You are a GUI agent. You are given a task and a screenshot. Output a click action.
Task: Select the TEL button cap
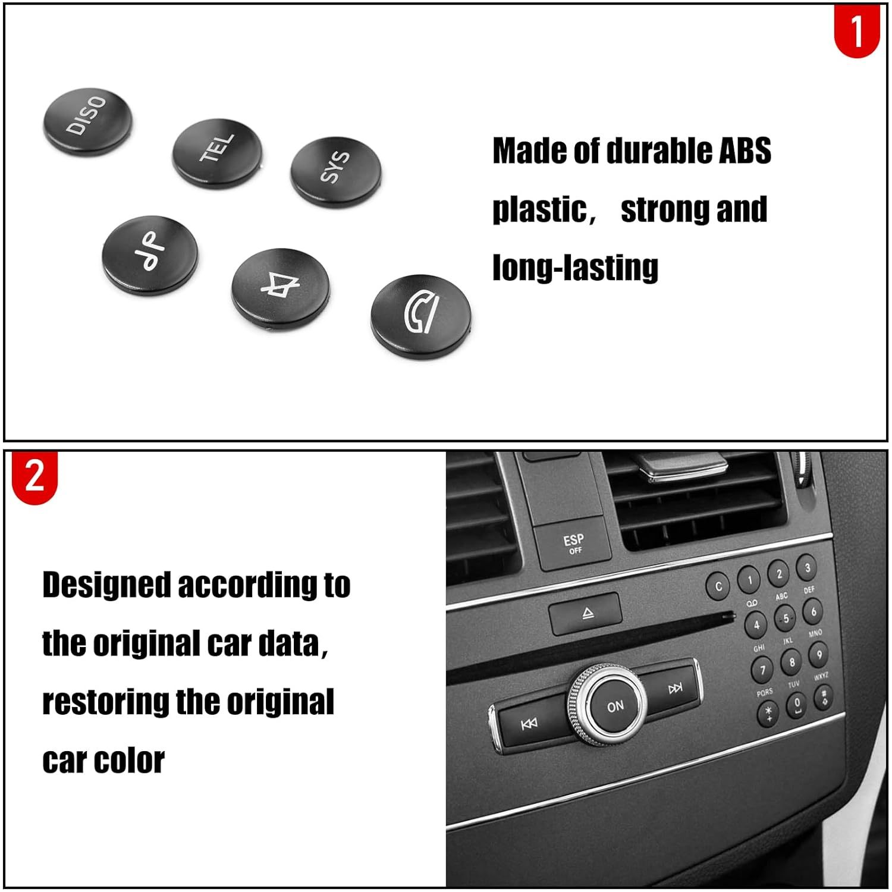[217, 152]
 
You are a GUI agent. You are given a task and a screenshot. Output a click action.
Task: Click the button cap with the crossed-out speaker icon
[279, 285]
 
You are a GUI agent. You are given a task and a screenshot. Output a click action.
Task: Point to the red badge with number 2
[34, 476]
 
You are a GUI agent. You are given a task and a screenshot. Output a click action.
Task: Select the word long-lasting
[575, 267]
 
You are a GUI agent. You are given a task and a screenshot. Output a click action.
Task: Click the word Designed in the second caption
[106, 585]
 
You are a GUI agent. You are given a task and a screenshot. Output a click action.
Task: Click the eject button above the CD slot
[586, 613]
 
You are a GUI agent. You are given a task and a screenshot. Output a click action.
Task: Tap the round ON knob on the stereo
[614, 706]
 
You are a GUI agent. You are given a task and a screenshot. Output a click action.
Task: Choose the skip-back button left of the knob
[529, 723]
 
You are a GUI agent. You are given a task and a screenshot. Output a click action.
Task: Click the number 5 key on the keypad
[786, 618]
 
